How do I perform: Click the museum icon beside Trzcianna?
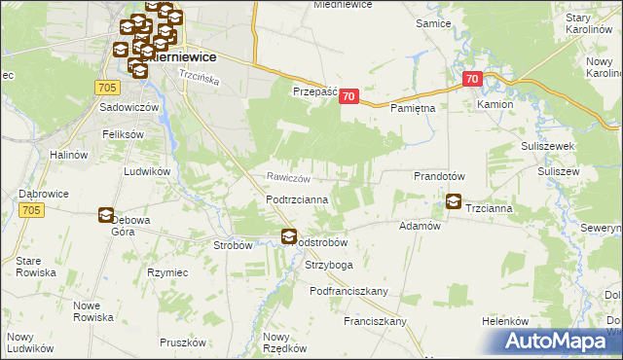[x=454, y=202]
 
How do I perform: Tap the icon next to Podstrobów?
[x=289, y=235]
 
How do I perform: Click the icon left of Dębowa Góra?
[x=105, y=216]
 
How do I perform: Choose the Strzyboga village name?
[x=328, y=264]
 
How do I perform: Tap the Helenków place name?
[x=504, y=321]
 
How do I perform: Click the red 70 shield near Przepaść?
[x=350, y=97]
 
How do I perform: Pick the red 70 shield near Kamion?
[x=473, y=79]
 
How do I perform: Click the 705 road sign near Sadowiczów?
[x=108, y=88]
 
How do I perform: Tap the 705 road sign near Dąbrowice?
[x=30, y=210]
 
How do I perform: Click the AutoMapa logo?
[x=559, y=341]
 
